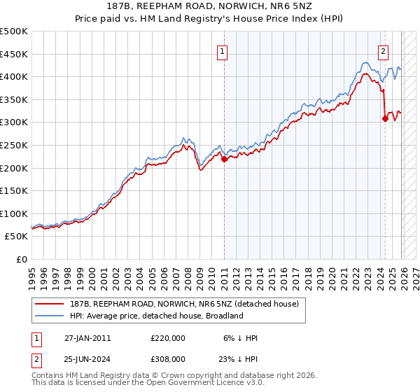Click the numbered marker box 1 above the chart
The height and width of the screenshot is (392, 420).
click(222, 50)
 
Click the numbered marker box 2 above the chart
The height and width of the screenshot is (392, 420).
click(384, 50)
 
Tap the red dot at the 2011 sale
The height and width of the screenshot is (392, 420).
click(224, 159)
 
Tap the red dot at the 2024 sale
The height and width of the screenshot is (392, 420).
click(385, 119)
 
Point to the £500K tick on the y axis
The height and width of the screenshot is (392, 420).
click(14, 31)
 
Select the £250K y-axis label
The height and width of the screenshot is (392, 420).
click(14, 145)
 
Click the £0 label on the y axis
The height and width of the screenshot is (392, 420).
click(22, 259)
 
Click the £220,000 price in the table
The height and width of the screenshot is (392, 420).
click(168, 338)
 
